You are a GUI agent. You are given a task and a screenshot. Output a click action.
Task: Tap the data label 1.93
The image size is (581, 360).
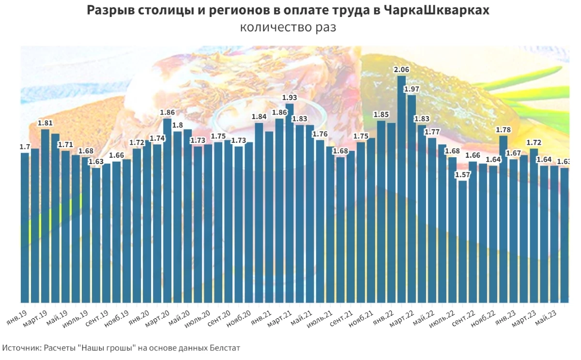coord(290,98)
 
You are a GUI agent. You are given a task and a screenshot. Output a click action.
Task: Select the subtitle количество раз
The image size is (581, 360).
coord(288,28)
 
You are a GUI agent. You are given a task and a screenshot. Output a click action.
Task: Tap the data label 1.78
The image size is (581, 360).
coord(503,130)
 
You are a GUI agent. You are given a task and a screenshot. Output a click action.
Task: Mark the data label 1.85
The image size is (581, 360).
coord(381,115)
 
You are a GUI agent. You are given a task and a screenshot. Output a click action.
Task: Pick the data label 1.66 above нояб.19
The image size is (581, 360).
coord(117,155)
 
